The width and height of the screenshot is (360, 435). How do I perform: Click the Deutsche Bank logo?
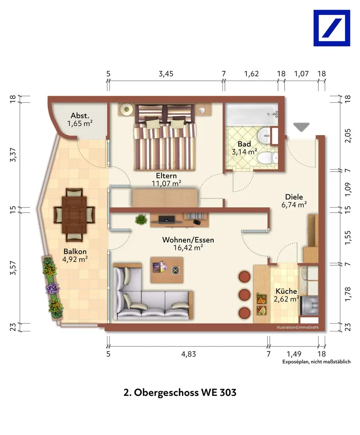[x=332, y=28]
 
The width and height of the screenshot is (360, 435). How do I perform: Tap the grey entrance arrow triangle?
[x=301, y=127]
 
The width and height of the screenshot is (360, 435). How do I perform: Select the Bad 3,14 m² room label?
[x=244, y=148]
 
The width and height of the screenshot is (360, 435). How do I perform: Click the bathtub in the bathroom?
[x=252, y=114]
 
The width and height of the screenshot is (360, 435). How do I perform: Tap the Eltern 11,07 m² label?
[x=166, y=180]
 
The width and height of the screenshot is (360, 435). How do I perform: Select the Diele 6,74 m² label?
[x=294, y=201]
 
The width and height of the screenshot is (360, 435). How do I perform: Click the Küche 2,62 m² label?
[x=286, y=295]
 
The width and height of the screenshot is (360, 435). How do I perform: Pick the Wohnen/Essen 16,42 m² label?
[x=188, y=244]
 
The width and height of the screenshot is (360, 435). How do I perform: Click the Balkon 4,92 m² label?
[x=75, y=255]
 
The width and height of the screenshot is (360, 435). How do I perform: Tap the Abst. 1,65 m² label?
[x=80, y=119]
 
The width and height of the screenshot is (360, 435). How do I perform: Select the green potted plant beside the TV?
[x=141, y=219]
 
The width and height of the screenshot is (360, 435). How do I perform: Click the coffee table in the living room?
[x=167, y=270]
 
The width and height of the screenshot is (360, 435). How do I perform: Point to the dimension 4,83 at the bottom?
[x=188, y=354]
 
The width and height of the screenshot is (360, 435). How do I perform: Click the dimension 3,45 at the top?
[x=166, y=74]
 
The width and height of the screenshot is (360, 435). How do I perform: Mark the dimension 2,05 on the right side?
[x=348, y=136]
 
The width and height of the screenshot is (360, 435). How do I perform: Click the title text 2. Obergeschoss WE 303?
[x=180, y=392]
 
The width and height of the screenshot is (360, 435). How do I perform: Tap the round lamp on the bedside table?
[x=126, y=109]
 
